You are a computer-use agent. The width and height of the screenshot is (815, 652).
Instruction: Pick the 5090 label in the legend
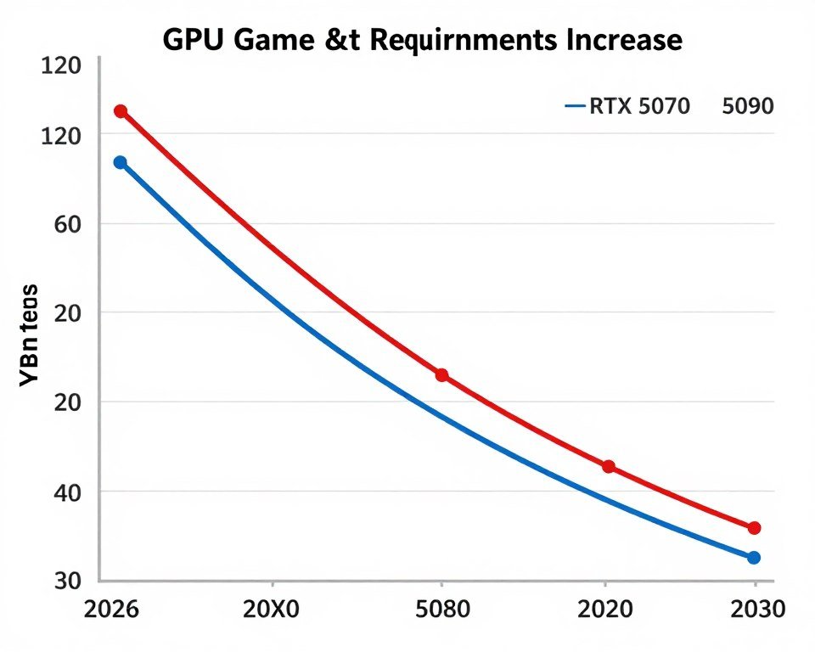click(x=748, y=107)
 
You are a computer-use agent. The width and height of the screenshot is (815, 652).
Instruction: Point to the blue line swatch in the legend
click(x=576, y=107)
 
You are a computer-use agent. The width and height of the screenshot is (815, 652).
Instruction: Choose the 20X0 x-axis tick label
click(x=272, y=610)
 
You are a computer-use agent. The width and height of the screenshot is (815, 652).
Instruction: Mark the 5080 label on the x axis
click(x=441, y=610)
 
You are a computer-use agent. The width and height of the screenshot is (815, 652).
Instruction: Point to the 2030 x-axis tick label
click(x=754, y=610)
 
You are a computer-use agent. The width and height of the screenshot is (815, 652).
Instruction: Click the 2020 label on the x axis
click(x=604, y=610)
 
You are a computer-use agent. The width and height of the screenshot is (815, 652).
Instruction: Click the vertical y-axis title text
click(x=29, y=338)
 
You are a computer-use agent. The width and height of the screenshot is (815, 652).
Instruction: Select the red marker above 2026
click(x=121, y=111)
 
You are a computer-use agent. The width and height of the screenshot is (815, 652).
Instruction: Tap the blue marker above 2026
click(x=120, y=162)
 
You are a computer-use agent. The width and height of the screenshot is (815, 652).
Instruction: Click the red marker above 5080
click(x=441, y=375)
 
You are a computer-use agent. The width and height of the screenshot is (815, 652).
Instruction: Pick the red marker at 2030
click(x=754, y=528)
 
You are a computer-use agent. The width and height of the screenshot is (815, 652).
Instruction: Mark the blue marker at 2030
click(x=754, y=558)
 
